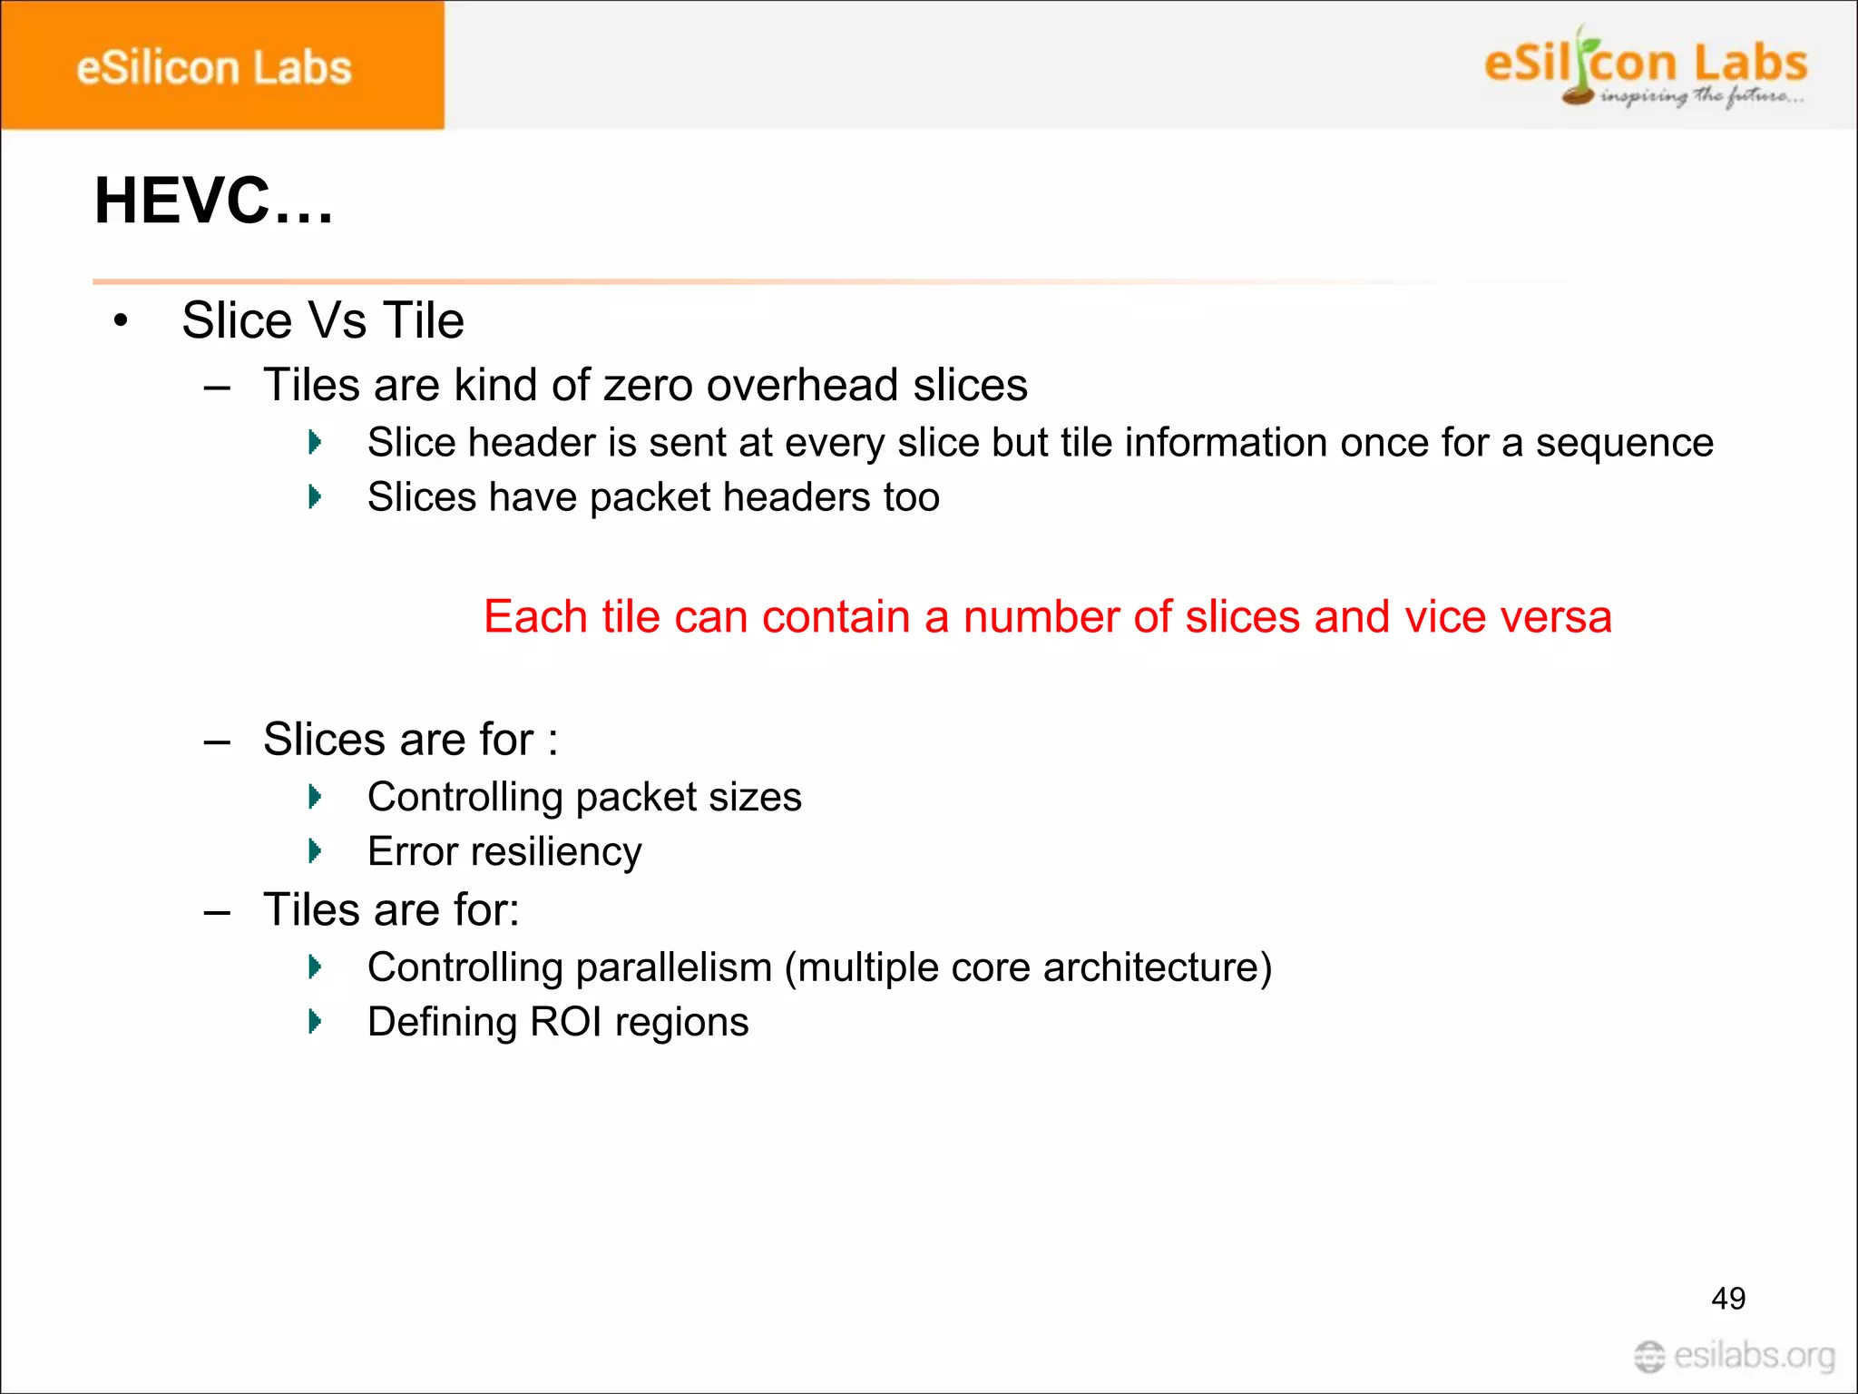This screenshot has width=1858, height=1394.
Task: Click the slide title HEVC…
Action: [214, 201]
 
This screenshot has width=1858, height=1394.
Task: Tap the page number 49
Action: [1727, 1299]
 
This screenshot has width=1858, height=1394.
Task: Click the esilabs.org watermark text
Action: [1754, 1356]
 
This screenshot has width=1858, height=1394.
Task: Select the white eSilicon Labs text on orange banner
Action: [214, 69]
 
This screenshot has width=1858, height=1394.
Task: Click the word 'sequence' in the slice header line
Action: [1624, 443]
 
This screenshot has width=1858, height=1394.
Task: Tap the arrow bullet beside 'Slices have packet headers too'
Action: [315, 497]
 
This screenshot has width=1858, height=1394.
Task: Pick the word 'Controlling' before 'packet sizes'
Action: [465, 798]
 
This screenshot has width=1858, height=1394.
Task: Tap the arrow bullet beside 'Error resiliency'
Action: [315, 851]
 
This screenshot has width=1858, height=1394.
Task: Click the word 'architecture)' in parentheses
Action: [1158, 967]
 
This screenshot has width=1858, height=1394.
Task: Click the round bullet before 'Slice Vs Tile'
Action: [121, 321]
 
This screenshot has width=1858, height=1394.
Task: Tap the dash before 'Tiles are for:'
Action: [217, 911]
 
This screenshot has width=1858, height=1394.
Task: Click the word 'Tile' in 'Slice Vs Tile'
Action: [423, 320]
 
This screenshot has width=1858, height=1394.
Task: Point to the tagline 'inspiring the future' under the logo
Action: [1702, 96]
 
